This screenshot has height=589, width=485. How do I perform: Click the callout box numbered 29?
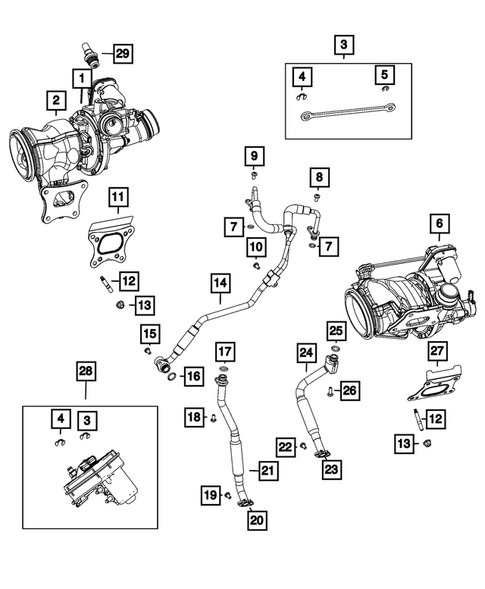pyautogui.click(x=121, y=52)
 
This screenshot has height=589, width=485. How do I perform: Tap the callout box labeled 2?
pyautogui.click(x=56, y=99)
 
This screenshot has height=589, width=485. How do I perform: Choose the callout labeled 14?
pyautogui.click(x=219, y=284)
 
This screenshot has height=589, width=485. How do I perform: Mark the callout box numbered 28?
pyautogui.click(x=89, y=372)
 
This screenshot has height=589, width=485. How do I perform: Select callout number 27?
pyautogui.click(x=436, y=349)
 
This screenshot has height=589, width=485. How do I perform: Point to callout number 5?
pyautogui.click(x=382, y=73)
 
